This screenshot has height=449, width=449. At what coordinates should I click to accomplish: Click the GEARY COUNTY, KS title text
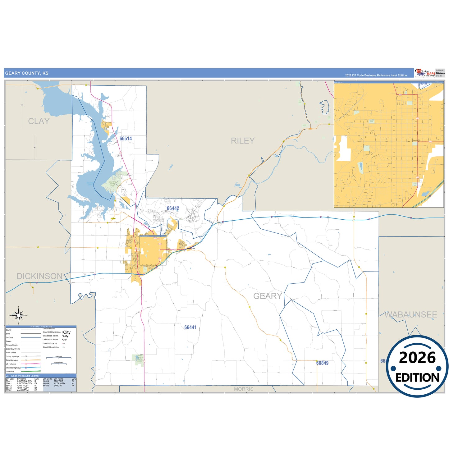click(27, 73)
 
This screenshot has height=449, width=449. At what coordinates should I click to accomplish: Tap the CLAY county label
click(39, 121)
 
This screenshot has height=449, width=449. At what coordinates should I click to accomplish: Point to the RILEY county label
click(243, 141)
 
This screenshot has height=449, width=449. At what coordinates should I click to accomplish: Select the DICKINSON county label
click(39, 276)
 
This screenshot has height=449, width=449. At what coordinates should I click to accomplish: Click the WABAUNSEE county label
click(410, 315)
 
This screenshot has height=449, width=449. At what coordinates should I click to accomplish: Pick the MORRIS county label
click(244, 389)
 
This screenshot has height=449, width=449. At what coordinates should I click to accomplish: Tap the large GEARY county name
click(268, 296)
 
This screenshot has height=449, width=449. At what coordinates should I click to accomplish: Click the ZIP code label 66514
click(126, 139)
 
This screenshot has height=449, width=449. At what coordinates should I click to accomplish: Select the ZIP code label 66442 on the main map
click(173, 208)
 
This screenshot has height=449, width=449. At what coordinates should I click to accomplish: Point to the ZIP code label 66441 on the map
click(190, 327)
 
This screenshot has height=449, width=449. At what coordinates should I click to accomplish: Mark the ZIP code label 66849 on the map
click(322, 363)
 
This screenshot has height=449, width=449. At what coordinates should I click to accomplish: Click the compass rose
click(19, 316)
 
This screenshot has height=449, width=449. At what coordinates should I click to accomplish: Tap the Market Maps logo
click(425, 73)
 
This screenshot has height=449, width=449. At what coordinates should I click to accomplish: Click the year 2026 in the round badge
click(417, 358)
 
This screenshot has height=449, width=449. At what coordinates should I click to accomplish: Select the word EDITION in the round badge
click(417, 378)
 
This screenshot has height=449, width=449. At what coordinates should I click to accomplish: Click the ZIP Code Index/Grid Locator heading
click(23, 376)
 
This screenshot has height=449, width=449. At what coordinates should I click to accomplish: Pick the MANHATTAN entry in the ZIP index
click(23, 390)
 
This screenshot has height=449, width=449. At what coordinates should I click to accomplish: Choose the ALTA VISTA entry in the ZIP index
click(60, 383)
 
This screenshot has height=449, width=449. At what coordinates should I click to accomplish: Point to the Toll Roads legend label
click(10, 372)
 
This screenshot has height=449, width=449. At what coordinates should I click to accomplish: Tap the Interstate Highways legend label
click(13, 368)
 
